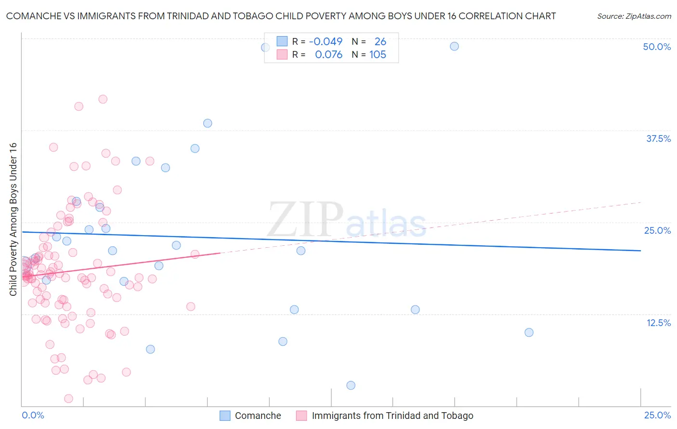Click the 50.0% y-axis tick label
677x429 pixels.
point(657,47)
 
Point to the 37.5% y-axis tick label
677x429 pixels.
point(658,139)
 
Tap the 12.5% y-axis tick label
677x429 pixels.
point(658,323)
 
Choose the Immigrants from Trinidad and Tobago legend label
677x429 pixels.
point(392,416)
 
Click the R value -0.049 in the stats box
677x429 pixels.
point(325,42)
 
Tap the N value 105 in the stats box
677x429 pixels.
point(378,55)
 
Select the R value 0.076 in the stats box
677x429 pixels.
point(328,55)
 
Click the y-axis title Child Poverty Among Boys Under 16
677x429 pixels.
point(13,219)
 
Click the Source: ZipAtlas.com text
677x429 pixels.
point(634,16)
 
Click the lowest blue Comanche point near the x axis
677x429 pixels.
point(351,385)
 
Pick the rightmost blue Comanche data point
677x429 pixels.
point(529,332)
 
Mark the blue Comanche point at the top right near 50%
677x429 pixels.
point(454,46)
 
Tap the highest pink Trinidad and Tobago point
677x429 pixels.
point(103,99)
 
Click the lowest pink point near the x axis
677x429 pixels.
point(68,399)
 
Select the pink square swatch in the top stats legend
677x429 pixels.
point(282,55)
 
